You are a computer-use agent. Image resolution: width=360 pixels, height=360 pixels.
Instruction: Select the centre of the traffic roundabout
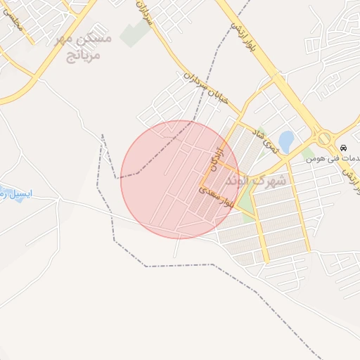pos(323,139)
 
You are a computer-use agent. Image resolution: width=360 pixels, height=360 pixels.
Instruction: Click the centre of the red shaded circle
pos(180,179)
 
